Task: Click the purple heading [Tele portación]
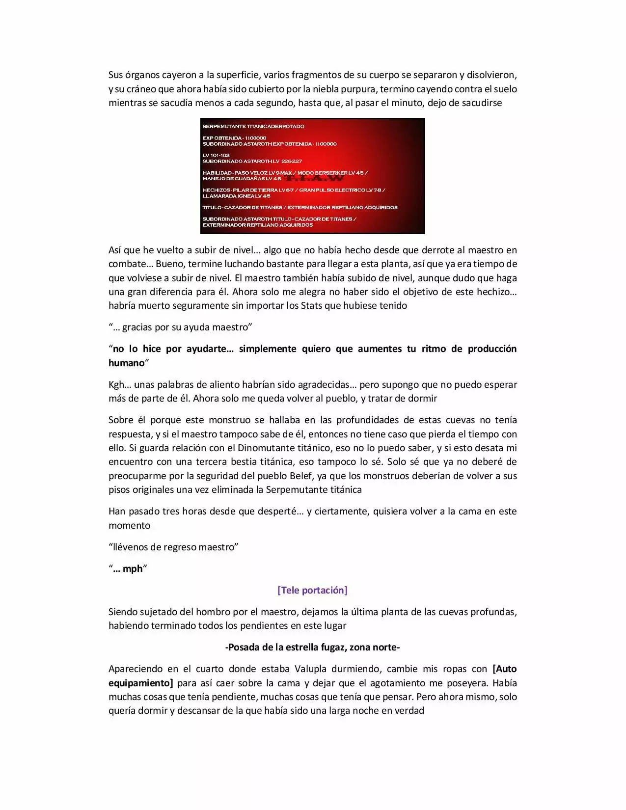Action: coord(312,590)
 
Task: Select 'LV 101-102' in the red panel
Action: coord(216,156)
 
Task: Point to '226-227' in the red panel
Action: coord(292,162)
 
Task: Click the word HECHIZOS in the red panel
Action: coord(217,190)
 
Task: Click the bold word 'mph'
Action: coord(133,568)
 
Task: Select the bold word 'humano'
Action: coord(127,363)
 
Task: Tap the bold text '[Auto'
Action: coord(504,669)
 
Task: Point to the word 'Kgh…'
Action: coord(119,384)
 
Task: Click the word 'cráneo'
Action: coord(142,89)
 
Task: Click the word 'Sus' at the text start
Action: coord(116,75)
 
